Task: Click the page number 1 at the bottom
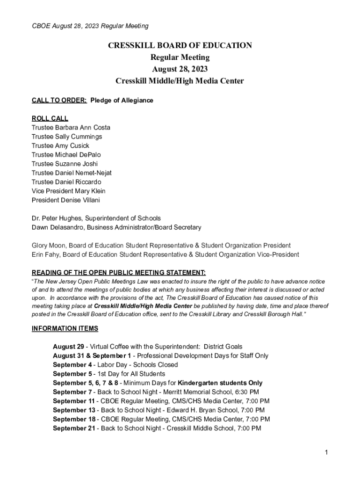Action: click(327, 452)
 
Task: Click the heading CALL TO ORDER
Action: click(59, 101)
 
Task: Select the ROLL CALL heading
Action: click(50, 118)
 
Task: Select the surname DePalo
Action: click(90, 154)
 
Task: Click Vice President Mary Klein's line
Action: click(68, 191)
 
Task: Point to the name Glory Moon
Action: click(48, 246)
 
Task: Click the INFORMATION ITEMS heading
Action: click(65, 328)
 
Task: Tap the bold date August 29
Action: click(68, 347)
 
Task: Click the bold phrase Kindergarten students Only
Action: click(220, 383)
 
